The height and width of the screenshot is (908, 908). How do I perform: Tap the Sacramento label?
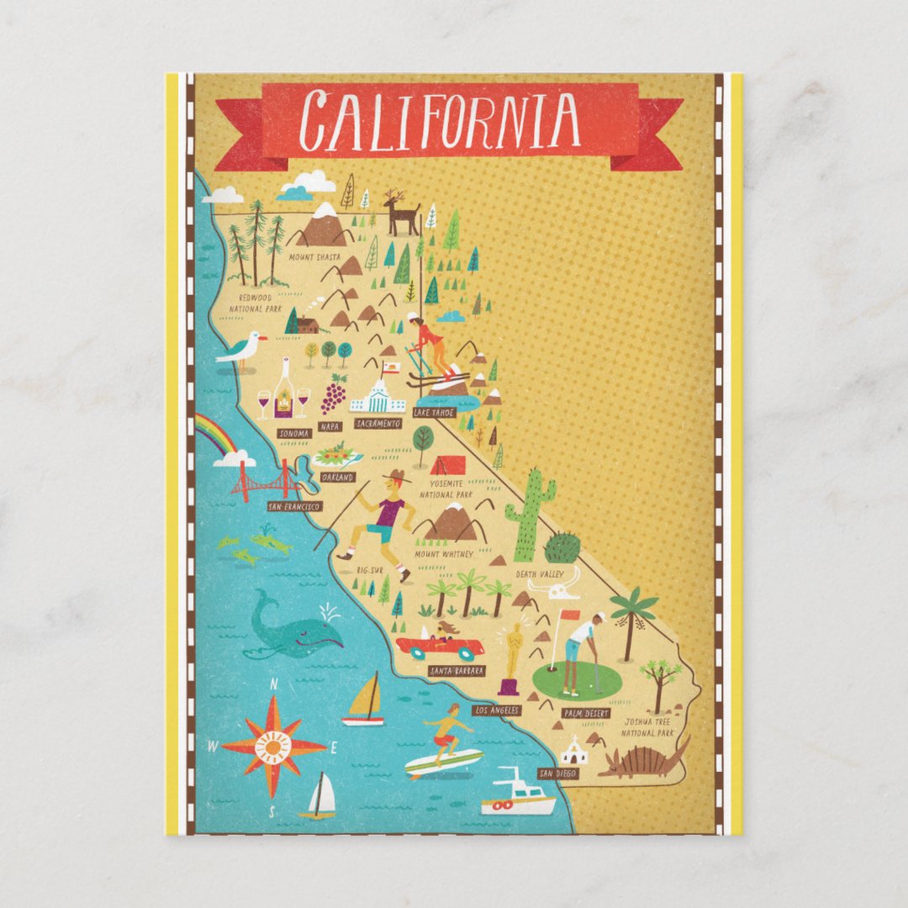377,424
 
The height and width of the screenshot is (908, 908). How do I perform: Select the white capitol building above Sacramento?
377,397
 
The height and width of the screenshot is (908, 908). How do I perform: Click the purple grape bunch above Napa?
334,394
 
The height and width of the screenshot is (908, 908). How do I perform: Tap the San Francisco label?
294,506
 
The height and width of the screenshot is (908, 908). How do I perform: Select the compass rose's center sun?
273,746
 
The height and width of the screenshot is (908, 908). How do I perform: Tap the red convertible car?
440,647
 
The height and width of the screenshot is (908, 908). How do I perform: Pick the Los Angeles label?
497,710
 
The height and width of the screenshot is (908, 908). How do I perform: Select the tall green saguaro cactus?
530,514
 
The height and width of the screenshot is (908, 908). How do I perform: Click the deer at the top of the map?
401,214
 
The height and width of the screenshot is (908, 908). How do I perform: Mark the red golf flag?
570,615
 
